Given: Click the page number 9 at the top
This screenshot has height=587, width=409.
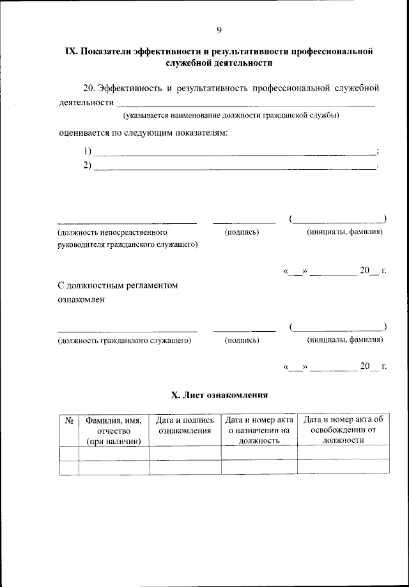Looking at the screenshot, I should click(x=219, y=30).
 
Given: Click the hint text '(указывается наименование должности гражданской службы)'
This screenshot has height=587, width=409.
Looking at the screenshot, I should click(x=231, y=115).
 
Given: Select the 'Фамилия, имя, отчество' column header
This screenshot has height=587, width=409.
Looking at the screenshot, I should click(x=114, y=430).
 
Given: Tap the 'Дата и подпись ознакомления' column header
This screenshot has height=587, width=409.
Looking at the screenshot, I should click(x=185, y=425).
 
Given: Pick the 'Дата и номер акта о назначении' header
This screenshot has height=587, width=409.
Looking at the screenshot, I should click(x=259, y=430).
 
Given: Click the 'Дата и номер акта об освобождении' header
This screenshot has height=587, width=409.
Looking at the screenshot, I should click(x=343, y=430).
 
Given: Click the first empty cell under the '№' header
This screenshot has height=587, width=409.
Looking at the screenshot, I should click(x=69, y=453).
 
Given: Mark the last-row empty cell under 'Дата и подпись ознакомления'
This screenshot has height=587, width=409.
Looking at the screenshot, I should click(x=185, y=467).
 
